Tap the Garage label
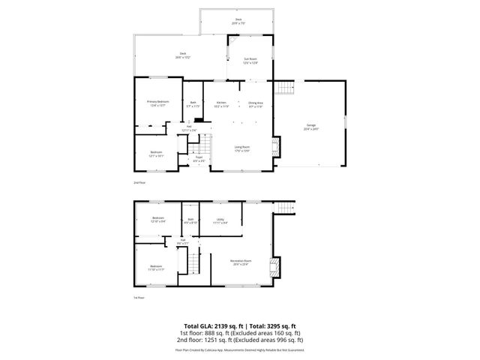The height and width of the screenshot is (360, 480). [311, 125]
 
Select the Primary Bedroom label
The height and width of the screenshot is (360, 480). [157, 101]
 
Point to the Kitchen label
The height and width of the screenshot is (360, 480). [221, 102]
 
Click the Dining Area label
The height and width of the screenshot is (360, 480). [255, 102]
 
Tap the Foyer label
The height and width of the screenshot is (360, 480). [199, 157]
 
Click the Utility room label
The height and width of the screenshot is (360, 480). [220, 219]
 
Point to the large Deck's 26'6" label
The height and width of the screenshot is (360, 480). [182, 54]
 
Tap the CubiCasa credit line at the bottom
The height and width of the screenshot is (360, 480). [240, 349]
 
